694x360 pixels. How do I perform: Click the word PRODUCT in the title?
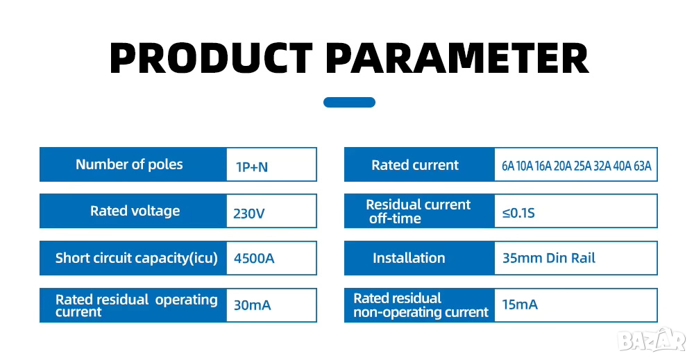click(x=211, y=58)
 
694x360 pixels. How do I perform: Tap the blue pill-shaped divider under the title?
click(x=349, y=102)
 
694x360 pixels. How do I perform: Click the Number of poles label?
click(x=129, y=164)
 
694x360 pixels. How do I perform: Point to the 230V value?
click(x=248, y=214)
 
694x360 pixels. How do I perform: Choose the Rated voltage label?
click(x=135, y=211)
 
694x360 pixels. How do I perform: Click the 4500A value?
click(x=254, y=258)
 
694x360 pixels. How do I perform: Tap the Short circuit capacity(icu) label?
click(x=136, y=258)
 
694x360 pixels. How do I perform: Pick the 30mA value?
click(x=253, y=305)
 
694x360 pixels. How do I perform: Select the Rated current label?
click(x=415, y=165)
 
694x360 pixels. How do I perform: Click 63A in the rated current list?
click(x=642, y=166)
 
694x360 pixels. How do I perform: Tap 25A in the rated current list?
click(x=582, y=166)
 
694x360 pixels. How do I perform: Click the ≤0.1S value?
click(x=518, y=213)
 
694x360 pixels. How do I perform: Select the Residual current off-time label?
click(x=418, y=212)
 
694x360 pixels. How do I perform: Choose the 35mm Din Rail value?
click(x=549, y=258)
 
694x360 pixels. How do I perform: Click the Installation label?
click(x=409, y=258)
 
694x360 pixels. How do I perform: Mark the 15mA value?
click(x=520, y=305)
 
